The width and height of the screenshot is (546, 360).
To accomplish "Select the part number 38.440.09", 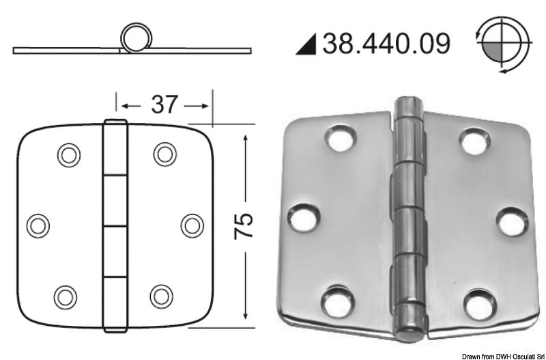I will point(386,44).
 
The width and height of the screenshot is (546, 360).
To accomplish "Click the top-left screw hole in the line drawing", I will point(68,155).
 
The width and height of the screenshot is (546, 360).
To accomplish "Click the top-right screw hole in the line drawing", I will point(164,154).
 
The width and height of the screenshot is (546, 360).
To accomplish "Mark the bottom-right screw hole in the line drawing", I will point(162,295).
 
